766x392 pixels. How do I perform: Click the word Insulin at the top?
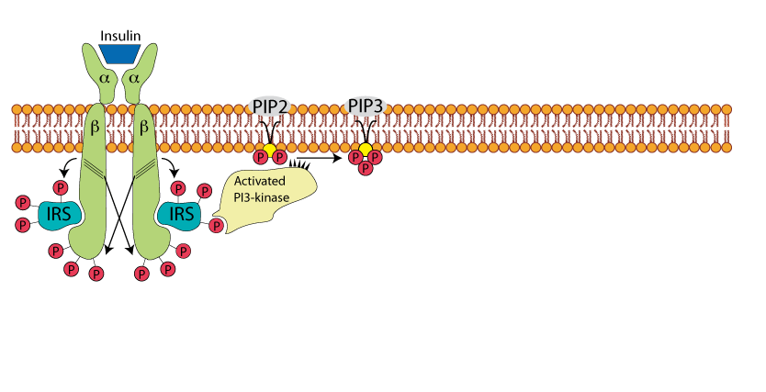pyautogui.click(x=120, y=35)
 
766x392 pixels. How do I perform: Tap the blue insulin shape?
pyautogui.click(x=120, y=53)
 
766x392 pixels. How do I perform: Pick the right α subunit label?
pyautogui.click(x=136, y=81)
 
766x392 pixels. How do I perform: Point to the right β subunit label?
pyautogui.click(x=143, y=128)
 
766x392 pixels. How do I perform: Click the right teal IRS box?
pyautogui.click(x=180, y=214)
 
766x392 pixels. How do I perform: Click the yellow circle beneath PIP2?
pyautogui.click(x=270, y=149)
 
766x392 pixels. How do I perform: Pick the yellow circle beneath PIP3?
pyautogui.click(x=366, y=149)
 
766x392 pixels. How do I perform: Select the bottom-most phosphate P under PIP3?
pyautogui.click(x=365, y=167)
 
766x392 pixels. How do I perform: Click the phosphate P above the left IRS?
pyautogui.click(x=62, y=187)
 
